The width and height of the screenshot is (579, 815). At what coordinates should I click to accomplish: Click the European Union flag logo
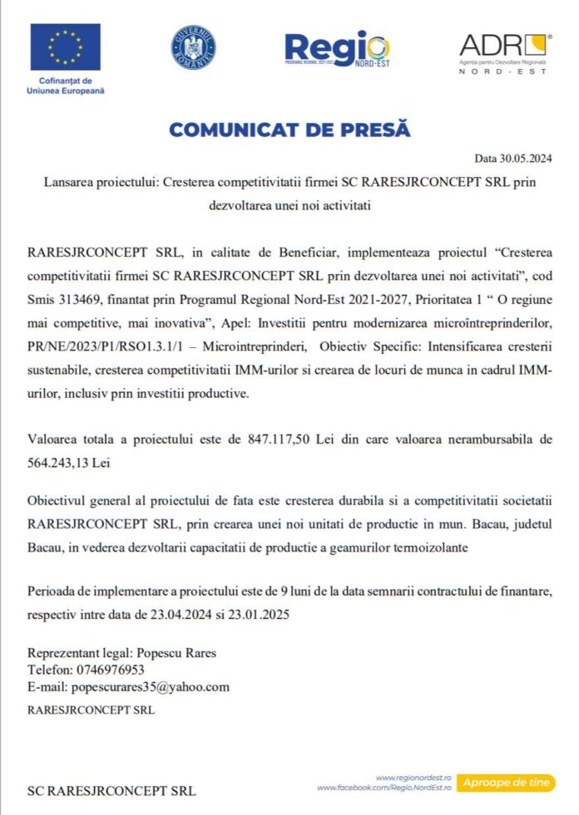(x=66, y=47)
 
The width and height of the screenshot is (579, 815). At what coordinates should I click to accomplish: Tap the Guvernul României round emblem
(x=193, y=47)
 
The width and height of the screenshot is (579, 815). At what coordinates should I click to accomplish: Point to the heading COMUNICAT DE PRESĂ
(x=289, y=130)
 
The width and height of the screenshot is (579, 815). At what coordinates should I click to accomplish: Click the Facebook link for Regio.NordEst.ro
(x=384, y=787)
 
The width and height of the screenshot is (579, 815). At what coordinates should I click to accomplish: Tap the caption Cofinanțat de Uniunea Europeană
(x=66, y=86)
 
